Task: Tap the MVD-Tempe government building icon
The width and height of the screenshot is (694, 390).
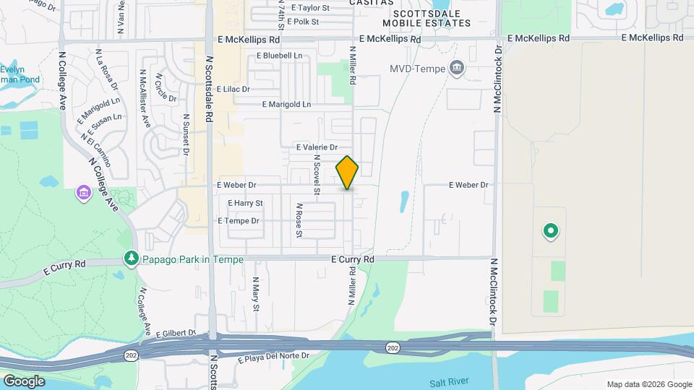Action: pos(457,69)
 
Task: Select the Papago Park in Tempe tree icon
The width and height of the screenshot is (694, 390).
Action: pos(131,258)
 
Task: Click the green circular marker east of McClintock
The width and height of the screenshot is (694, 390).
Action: pos(550,231)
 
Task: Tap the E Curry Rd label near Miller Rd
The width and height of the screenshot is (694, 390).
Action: pos(353,259)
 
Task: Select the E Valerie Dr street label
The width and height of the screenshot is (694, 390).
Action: pos(317,147)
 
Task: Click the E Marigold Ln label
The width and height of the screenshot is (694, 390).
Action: pos(286,104)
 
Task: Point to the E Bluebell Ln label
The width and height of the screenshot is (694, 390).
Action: pos(278,55)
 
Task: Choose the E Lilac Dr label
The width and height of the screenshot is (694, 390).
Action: pos(233,89)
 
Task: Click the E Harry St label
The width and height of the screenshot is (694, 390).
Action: pos(245,204)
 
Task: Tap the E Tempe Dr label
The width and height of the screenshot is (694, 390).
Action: pos(238,221)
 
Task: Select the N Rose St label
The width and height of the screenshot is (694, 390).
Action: pos(299,220)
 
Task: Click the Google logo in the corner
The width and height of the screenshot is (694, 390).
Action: pos(24,381)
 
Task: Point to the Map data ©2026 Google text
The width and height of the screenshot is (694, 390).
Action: pos(648,384)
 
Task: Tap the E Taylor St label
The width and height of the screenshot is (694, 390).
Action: pos(310,8)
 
